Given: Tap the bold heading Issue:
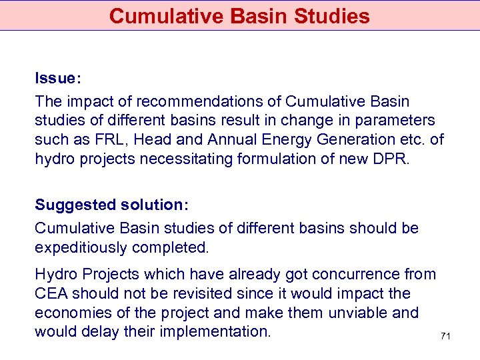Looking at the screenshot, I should pyautogui.click(x=58, y=79).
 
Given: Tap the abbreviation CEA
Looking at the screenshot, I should pyautogui.click(x=51, y=293).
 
